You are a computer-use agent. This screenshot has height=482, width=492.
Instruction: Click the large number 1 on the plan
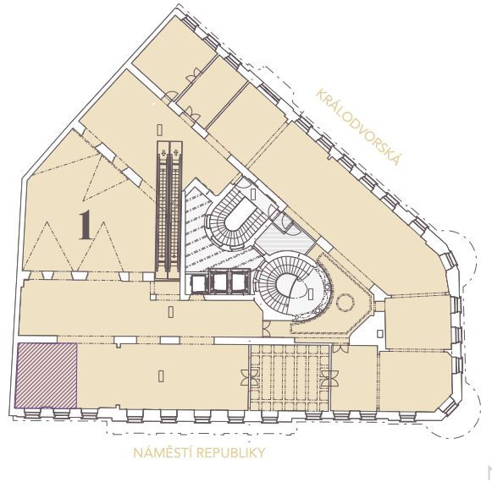85,225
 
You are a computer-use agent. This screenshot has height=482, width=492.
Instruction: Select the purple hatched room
46,375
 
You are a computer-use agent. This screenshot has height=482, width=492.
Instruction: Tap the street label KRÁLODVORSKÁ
358,127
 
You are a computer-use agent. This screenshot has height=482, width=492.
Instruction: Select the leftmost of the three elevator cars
197,283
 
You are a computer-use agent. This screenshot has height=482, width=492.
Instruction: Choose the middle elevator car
219,282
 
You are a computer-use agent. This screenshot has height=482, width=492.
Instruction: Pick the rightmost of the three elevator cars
239,282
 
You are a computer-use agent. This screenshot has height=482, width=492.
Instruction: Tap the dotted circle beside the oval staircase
346,302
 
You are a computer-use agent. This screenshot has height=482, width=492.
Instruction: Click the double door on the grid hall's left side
250,377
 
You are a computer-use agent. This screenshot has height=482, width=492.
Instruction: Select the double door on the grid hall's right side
329,378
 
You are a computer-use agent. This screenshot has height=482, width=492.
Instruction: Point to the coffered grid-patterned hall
290,378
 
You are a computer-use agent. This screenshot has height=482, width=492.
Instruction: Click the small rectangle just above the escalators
160,129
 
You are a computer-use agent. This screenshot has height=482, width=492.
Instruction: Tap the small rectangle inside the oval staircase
311,293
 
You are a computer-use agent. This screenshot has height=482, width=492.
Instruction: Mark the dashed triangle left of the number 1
47,246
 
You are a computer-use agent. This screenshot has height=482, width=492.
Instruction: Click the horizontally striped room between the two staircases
284,240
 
